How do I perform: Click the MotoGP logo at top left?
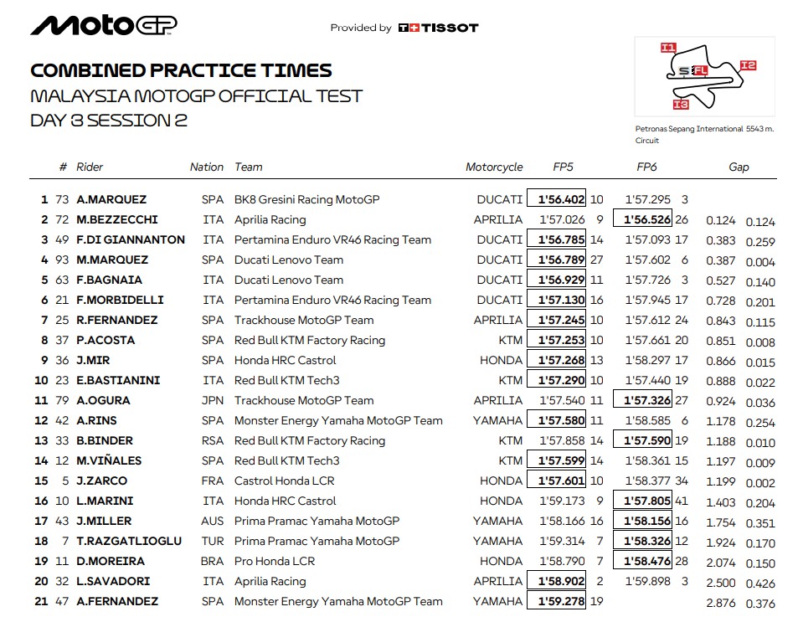pos(103,26)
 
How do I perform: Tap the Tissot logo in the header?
pos(438,28)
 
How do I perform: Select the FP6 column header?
pos(646,167)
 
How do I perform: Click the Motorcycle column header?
pos(494,167)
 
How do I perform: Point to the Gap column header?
pos(739,167)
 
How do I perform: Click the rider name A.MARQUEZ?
pos(111,199)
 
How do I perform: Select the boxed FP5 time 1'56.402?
pos(556,199)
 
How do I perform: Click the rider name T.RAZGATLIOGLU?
pos(129,541)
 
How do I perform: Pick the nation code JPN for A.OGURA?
pos(213,400)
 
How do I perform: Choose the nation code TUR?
pos(213,541)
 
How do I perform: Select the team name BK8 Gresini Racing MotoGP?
pos(307,199)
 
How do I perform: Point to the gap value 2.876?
pos(720,602)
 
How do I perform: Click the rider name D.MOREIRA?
pos(111,561)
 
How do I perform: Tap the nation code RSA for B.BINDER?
pos(213,440)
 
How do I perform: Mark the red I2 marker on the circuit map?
pos(748,65)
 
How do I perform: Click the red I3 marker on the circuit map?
pos(680,105)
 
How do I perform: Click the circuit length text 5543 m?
pos(760,129)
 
